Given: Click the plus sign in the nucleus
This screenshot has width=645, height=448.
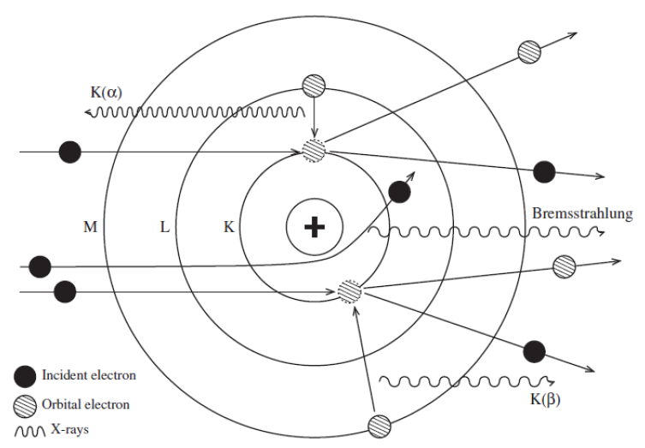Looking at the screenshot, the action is [x=316, y=228].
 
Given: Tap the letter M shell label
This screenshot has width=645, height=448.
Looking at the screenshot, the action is [x=90, y=227].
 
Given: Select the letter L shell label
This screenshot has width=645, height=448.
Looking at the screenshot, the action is [x=165, y=227].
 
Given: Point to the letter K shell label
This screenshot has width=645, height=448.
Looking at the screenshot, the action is [x=229, y=227].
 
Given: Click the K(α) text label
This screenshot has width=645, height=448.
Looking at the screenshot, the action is [x=107, y=90].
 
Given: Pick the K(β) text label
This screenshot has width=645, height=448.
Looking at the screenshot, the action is [x=547, y=399].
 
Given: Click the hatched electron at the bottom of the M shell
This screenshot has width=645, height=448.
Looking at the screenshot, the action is [x=379, y=425].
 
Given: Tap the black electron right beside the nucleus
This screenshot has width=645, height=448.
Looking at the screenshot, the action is [x=397, y=192].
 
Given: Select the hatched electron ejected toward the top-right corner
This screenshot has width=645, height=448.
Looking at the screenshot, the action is [x=530, y=51].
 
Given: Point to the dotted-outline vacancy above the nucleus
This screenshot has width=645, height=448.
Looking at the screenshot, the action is [x=314, y=151].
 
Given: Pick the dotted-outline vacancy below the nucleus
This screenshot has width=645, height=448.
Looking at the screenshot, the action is [x=349, y=292].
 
